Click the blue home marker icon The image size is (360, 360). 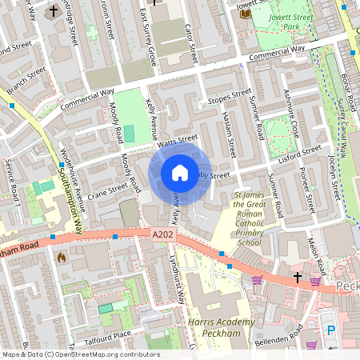[x=180, y=173]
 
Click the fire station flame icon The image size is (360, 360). [x=62, y=258]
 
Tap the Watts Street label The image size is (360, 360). [x=177, y=140]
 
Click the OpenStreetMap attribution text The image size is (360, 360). [x=81, y=354]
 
